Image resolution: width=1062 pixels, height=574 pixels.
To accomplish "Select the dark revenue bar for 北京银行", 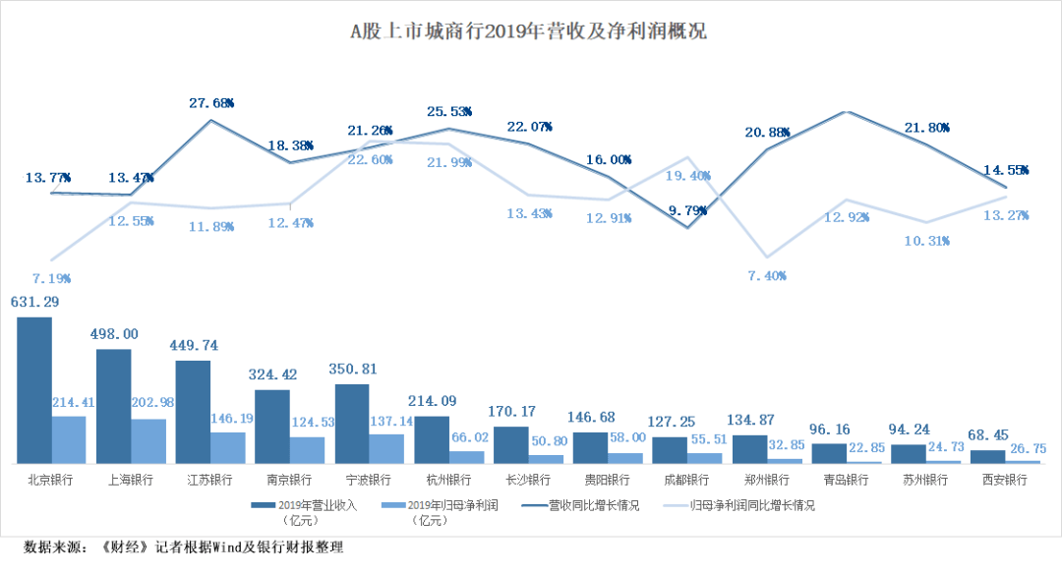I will [34, 389].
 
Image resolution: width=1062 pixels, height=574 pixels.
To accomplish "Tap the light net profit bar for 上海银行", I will [148, 441].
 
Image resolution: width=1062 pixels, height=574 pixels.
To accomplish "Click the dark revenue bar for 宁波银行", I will [352, 424].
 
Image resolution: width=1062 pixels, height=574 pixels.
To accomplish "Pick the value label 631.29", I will [33, 302].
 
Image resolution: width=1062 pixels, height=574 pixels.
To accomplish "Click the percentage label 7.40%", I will [766, 276].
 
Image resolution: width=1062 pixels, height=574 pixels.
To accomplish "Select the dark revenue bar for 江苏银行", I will [193, 412].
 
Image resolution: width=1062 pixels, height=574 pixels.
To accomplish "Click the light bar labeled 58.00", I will [625, 458].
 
